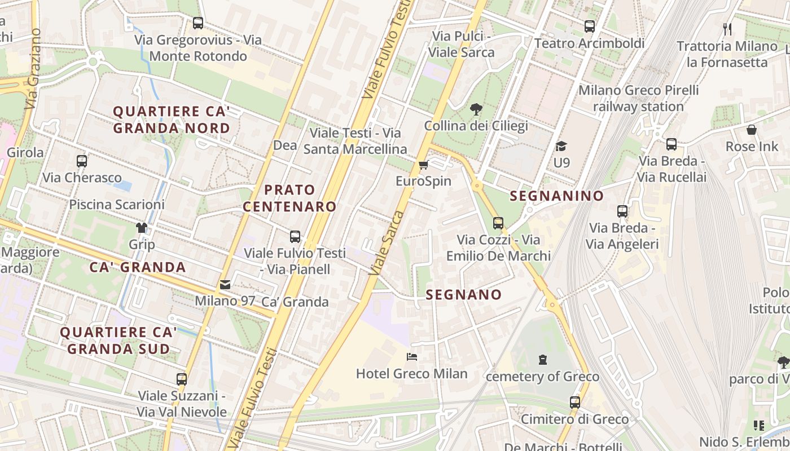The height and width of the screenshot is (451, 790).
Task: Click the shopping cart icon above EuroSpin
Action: tap(423, 165)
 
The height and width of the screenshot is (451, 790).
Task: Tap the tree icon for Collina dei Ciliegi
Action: tap(476, 109)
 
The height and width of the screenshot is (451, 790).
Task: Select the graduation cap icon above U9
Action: tap(561, 147)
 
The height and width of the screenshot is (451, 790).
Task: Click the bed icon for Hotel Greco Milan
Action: tap(412, 357)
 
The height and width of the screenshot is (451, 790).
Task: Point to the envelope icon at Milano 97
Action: tap(225, 285)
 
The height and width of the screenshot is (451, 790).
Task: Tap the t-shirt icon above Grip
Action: tap(141, 228)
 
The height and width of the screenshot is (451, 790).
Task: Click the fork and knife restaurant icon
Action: tap(727, 29)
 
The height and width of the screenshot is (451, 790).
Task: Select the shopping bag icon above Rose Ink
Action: tap(752, 130)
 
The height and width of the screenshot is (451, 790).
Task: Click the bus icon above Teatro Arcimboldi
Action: tap(590, 26)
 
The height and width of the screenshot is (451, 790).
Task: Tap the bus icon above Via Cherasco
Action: tap(82, 161)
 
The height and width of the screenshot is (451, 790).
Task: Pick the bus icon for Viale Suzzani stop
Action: tap(181, 379)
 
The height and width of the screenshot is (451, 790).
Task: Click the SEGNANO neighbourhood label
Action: tap(463, 294)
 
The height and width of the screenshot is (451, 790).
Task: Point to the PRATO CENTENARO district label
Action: tap(289, 198)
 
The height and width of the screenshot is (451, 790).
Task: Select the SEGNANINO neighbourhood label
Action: tap(556, 196)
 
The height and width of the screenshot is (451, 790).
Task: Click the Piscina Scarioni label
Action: tap(117, 204)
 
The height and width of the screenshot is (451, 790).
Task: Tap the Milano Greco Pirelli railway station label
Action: tap(638, 98)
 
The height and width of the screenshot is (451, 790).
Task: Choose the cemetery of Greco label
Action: tap(542, 376)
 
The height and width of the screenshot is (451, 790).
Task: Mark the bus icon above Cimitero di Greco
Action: tap(574, 403)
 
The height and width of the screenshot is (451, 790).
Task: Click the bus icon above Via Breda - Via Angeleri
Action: tap(622, 211)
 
